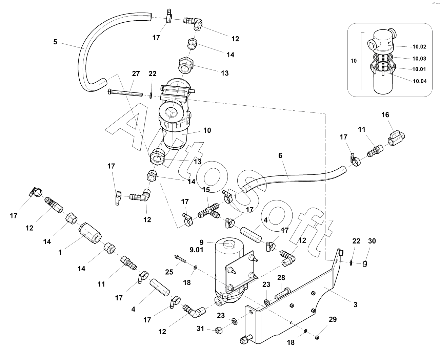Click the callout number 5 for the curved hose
click(x=55, y=42)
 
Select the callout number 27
click(x=136, y=74)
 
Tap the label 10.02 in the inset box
click(x=419, y=47)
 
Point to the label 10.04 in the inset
click(x=419, y=81)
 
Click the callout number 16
click(x=385, y=115)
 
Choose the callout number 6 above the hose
click(x=280, y=155)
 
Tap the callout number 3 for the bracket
click(x=355, y=304)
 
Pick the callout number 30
click(x=372, y=241)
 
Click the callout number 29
click(x=333, y=319)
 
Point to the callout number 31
click(x=201, y=328)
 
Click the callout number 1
click(x=60, y=252)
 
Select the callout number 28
click(x=281, y=278)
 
